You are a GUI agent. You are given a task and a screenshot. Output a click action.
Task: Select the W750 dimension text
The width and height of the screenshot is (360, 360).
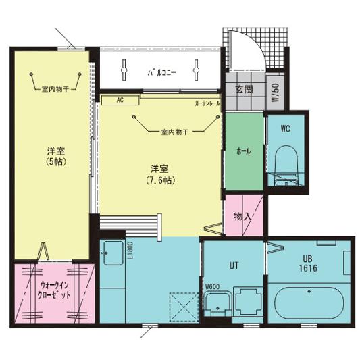(x=275, y=93)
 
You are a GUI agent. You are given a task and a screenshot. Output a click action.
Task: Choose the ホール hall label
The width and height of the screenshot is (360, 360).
(x=243, y=151)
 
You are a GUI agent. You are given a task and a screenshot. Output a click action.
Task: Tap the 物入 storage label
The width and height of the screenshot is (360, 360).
(x=242, y=216)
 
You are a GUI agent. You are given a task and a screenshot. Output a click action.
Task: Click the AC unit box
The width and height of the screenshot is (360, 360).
(x=120, y=100)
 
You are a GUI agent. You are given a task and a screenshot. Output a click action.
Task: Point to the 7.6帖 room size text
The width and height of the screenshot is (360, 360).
(x=161, y=181)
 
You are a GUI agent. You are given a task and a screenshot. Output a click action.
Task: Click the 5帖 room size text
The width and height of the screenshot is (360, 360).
(x=55, y=162)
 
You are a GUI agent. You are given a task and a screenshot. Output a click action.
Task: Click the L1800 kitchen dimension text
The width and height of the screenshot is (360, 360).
(x=129, y=250)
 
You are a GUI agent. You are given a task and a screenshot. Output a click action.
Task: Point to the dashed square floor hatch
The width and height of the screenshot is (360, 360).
(x=182, y=305)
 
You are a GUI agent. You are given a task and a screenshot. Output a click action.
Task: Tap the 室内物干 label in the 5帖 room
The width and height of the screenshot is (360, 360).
(x=55, y=88)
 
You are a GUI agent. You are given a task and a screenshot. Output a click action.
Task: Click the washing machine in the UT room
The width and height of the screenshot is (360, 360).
(x=250, y=301)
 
